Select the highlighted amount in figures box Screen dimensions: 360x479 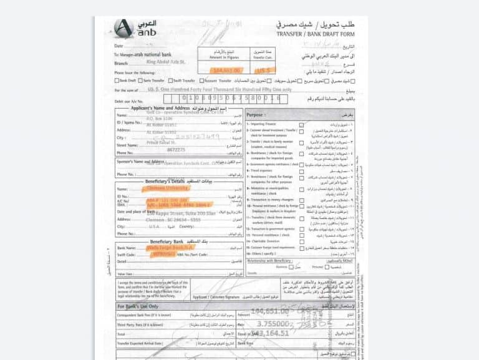[x=223, y=71]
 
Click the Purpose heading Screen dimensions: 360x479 [x=254, y=115]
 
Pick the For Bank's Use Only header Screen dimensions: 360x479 [x=140, y=307]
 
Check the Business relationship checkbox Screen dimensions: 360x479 [x=291, y=267]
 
